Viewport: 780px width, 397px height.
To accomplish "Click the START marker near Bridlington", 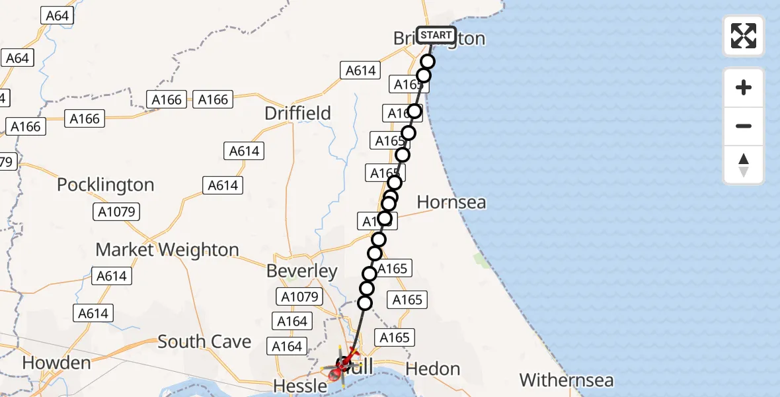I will tap(436, 35).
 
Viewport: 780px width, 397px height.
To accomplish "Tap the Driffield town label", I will tap(297, 113).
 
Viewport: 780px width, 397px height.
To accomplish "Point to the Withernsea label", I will tap(566, 380).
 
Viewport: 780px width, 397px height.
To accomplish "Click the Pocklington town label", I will tap(105, 185).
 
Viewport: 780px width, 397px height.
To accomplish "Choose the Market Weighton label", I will tap(167, 249).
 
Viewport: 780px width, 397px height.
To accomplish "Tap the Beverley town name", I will tap(302, 271).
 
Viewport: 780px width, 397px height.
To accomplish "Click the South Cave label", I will tap(204, 341).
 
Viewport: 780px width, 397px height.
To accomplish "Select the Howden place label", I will tap(56, 363).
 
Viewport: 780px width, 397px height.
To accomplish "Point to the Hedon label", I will tap(433, 369).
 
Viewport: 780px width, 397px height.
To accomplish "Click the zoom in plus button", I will tap(744, 87).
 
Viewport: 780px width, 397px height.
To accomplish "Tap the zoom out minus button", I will tap(744, 126).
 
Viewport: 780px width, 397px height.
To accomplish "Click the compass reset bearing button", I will tap(744, 165).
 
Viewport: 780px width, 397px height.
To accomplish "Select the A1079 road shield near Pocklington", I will tap(114, 212).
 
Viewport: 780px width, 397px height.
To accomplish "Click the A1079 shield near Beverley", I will tap(300, 297).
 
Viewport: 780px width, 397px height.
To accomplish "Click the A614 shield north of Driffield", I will tap(361, 70).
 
